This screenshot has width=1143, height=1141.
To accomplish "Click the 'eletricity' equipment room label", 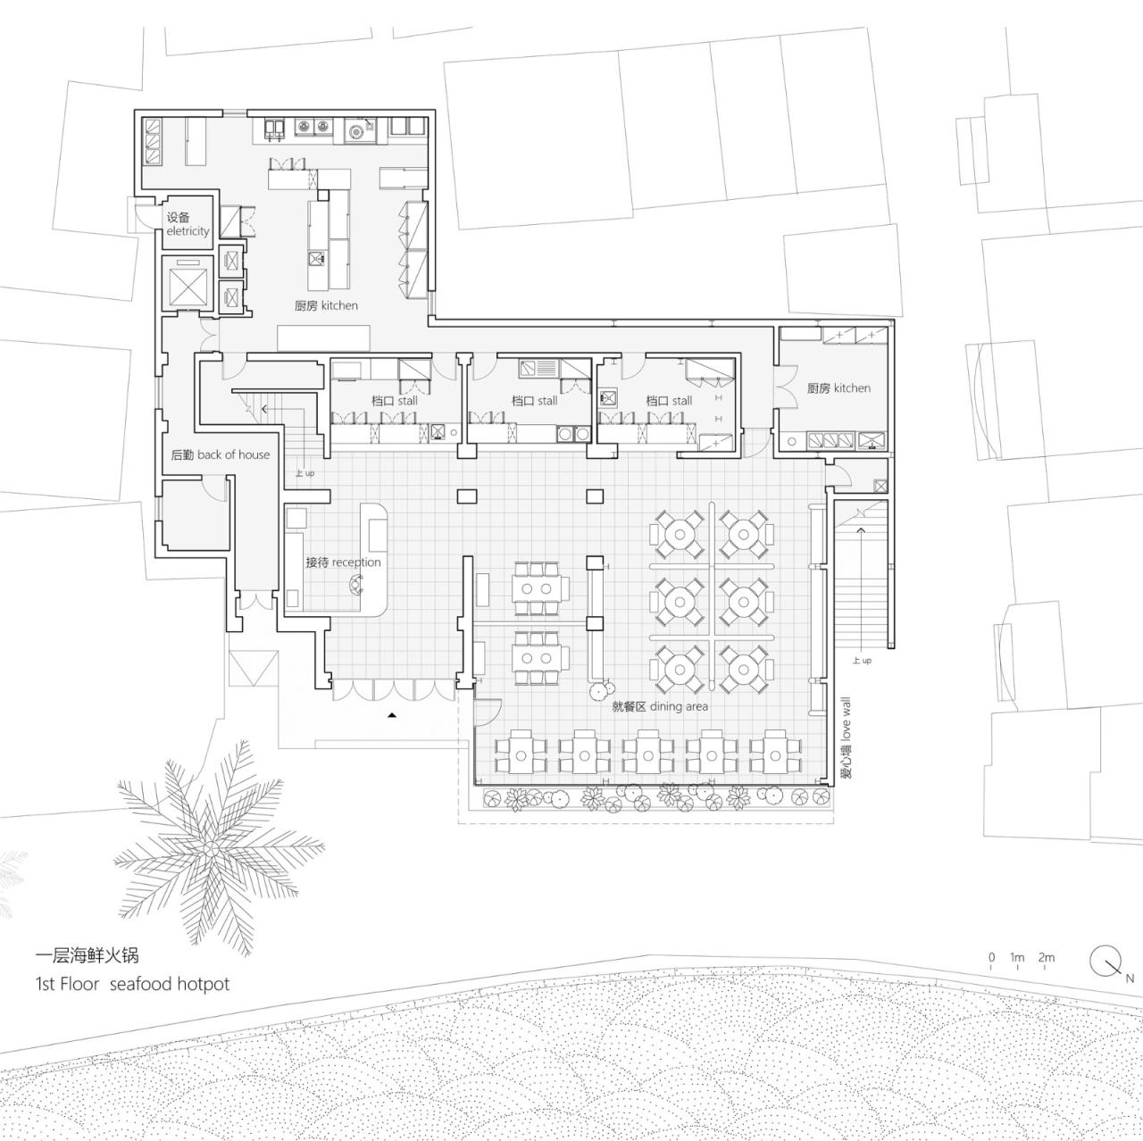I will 188,231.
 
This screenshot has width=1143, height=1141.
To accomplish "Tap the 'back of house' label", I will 233,454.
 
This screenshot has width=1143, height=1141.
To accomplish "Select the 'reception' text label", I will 357,562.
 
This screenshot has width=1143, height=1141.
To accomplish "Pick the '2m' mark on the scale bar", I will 1047,958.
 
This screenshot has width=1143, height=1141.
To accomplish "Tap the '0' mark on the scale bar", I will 991,958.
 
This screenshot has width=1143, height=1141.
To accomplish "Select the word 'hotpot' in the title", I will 203,984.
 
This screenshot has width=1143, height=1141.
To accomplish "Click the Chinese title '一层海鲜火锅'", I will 87,955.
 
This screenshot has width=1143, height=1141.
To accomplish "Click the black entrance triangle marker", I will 391,715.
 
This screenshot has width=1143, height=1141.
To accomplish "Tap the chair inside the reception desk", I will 356,585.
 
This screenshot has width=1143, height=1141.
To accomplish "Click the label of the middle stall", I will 534,401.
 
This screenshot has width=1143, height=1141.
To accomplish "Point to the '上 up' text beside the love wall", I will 861,661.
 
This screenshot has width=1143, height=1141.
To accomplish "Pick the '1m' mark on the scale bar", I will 1017,958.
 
